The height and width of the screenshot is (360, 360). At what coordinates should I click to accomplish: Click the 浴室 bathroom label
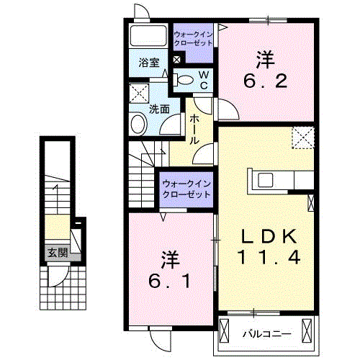click(149, 63)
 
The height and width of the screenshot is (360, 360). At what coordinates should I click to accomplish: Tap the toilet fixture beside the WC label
click(184, 80)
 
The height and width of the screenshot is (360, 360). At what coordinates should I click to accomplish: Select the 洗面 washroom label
click(159, 109)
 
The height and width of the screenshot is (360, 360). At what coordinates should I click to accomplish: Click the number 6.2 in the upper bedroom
click(268, 79)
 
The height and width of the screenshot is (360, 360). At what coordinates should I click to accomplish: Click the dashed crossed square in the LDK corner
click(303, 137)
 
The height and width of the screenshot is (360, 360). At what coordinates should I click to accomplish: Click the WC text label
click(204, 80)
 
